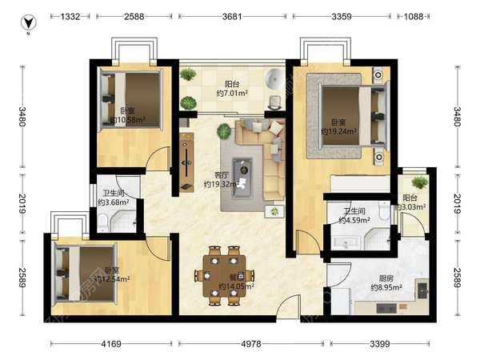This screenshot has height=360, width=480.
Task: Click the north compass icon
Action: [x=29, y=23]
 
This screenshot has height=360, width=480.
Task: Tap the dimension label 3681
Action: [x=232, y=16]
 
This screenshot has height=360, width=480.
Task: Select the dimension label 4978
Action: [x=251, y=344]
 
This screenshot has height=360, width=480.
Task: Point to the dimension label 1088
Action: [x=414, y=16]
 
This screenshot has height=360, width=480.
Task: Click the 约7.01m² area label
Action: [x=232, y=93]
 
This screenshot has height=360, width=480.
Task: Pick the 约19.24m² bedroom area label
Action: [x=338, y=131]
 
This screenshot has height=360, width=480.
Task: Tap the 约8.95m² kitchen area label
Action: [x=386, y=287]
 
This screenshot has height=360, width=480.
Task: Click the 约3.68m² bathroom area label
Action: [x=114, y=202]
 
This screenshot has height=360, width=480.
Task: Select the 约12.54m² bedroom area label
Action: [x=112, y=279]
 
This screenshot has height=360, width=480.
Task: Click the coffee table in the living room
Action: [x=242, y=178]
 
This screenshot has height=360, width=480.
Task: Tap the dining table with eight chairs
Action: [x=224, y=276]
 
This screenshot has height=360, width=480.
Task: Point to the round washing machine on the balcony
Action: [x=275, y=78]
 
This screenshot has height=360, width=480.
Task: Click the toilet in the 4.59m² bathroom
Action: [x=384, y=210]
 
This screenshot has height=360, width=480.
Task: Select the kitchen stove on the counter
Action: [x=386, y=308]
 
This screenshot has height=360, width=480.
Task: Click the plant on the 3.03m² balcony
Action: [x=420, y=182]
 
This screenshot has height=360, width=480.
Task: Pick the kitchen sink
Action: [x=423, y=290]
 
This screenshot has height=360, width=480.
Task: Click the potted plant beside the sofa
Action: [x=224, y=131]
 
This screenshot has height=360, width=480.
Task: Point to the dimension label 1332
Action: [x=70, y=16]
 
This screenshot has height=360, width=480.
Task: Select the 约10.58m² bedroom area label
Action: [x=127, y=120]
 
